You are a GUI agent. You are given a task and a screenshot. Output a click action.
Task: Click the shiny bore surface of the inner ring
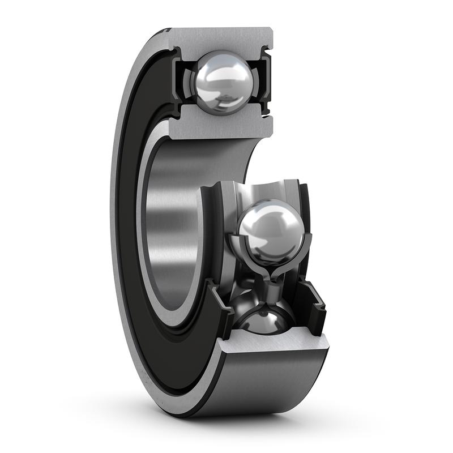pyautogui.click(x=170, y=226)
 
